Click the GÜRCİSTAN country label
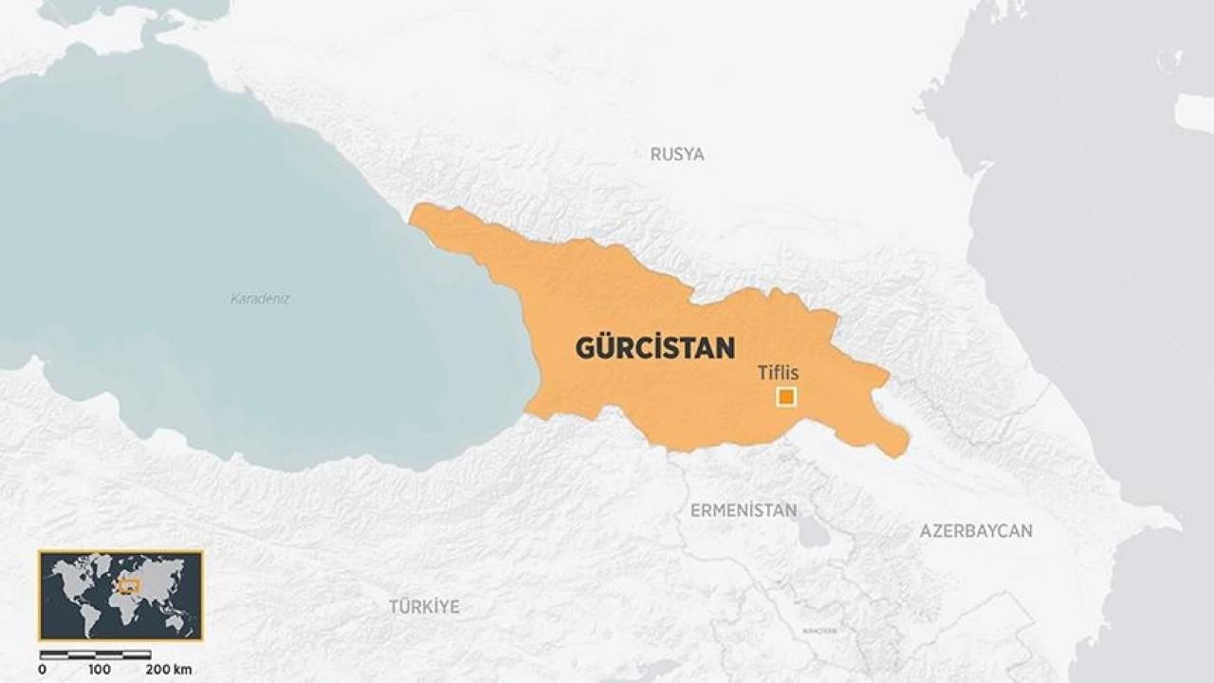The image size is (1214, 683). (654, 348)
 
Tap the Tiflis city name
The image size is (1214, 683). (778, 373)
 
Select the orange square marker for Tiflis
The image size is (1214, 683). (785, 397)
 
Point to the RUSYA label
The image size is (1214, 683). (677, 154)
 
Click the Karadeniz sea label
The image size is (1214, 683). (260, 298)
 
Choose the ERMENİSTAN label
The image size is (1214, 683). (744, 510)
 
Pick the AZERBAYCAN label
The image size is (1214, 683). (976, 531)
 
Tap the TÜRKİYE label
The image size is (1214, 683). (424, 606)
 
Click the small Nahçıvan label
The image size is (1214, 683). (819, 630)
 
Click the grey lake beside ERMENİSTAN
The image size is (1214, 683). (813, 532)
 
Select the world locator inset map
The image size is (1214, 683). (120, 595)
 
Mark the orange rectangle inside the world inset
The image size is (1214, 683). (127, 585)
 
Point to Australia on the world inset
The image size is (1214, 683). (175, 620)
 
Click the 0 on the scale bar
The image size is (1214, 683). (42, 670)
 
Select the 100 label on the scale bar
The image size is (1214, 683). (100, 670)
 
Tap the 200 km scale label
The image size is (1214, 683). (168, 670)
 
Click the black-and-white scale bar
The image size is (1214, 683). (95, 655)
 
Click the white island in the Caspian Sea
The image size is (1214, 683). (1194, 112)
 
